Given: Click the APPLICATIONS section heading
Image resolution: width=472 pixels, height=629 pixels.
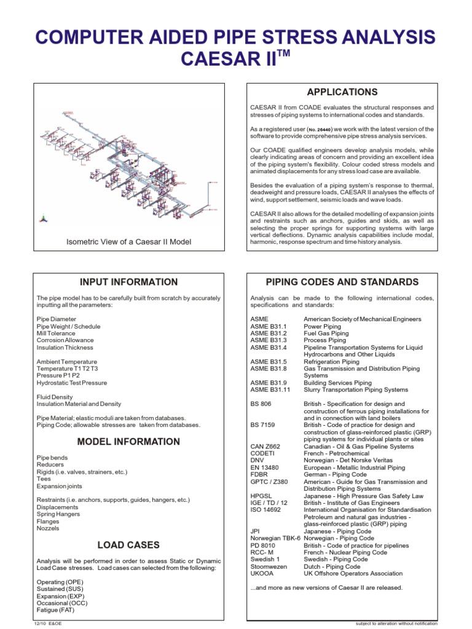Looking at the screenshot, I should point(342,92).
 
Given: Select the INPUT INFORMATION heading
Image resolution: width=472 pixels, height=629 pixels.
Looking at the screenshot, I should point(129,282).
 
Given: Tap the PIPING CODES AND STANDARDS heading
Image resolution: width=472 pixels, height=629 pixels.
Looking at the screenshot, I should point(342,282).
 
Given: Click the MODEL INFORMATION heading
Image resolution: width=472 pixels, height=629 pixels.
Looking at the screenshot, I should point(129,442).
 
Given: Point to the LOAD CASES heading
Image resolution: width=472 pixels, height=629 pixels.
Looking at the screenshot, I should point(129,544).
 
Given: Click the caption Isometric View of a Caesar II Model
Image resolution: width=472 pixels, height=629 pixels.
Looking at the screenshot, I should point(129,242).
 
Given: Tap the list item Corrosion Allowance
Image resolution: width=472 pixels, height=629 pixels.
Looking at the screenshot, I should point(65,340).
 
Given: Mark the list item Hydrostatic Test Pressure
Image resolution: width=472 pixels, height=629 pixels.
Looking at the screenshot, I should point(72,383).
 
